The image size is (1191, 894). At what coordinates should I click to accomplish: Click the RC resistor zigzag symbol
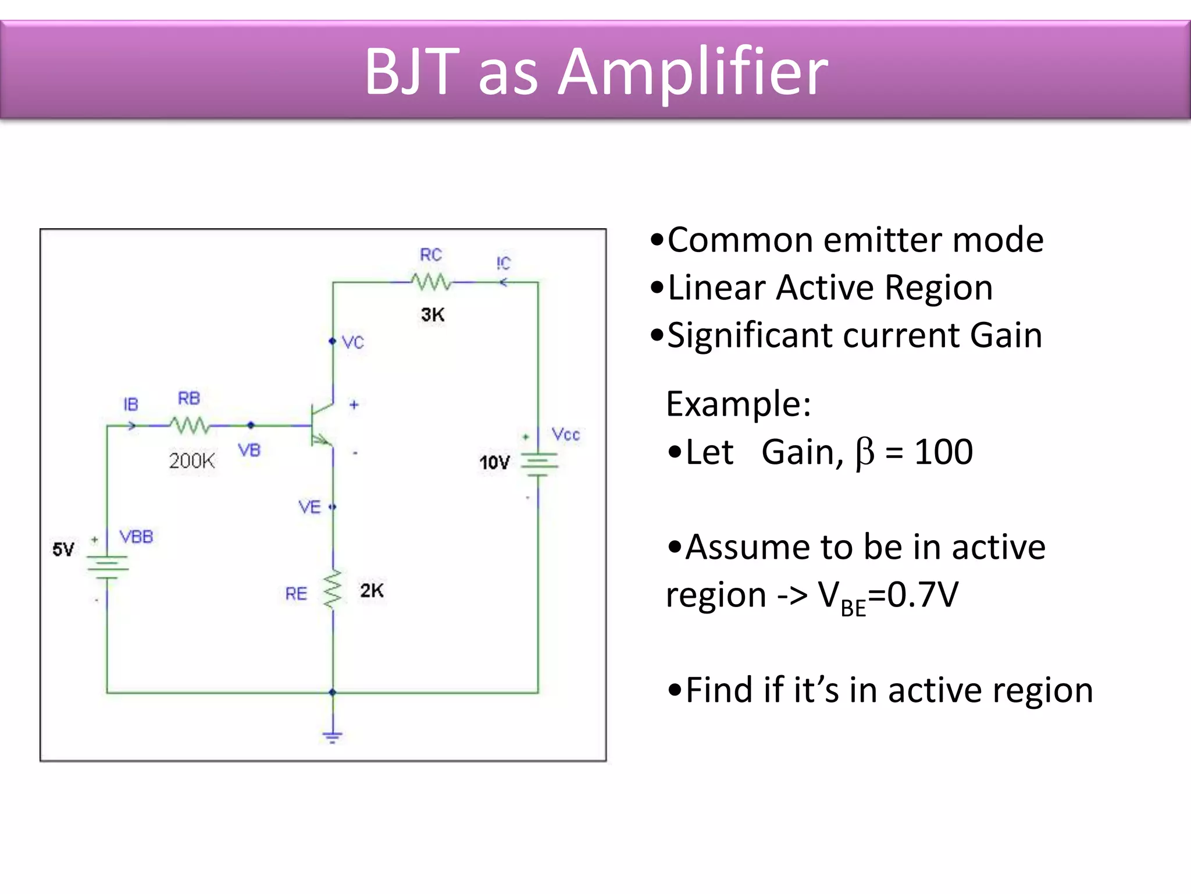(431, 282)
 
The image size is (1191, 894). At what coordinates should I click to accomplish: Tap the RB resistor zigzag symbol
(190, 425)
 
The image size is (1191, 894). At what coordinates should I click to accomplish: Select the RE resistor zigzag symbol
(333, 590)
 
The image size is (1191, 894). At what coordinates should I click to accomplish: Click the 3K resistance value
(433, 315)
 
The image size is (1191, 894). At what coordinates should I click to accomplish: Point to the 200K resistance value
(192, 461)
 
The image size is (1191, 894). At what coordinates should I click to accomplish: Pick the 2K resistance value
(372, 591)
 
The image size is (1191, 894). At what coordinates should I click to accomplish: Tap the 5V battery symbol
(107, 567)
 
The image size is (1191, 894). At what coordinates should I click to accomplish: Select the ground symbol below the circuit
(333, 737)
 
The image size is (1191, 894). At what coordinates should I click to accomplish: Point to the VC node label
(353, 342)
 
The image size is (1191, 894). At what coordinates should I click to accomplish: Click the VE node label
(310, 508)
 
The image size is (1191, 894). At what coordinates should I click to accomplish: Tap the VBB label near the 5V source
(137, 537)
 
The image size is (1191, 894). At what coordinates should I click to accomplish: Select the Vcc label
(566, 435)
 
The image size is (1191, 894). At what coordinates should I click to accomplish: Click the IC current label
(504, 263)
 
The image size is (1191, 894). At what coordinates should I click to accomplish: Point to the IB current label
(131, 405)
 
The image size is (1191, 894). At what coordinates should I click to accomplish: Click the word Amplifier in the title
(693, 72)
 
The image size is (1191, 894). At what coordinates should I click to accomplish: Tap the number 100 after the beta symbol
(943, 452)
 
